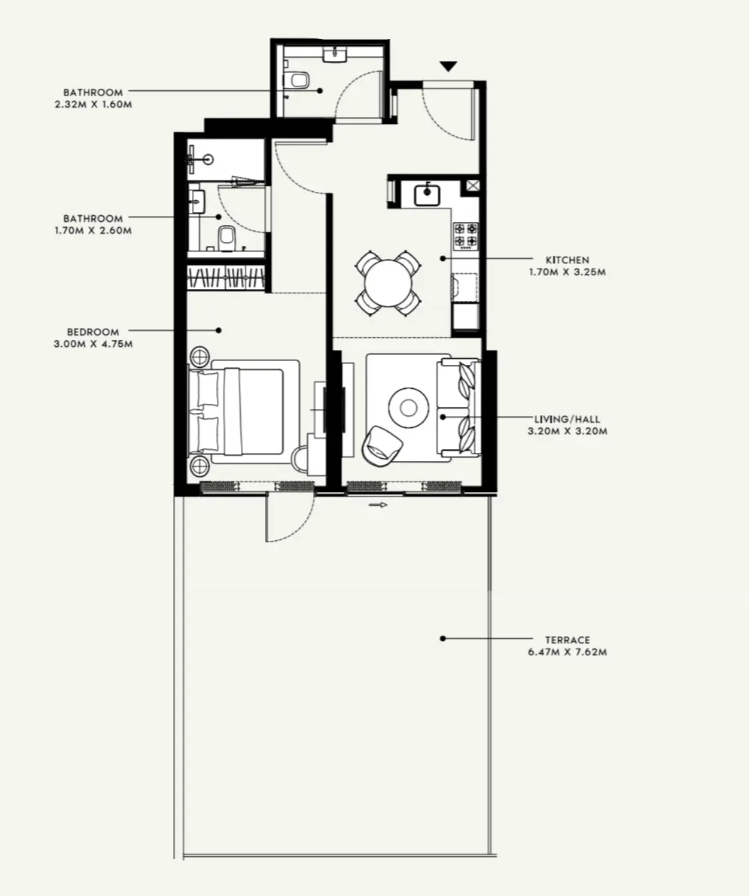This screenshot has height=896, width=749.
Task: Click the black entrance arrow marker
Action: pos(449,66)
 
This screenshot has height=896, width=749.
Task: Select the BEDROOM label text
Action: pos(93,332)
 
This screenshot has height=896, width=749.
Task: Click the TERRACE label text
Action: pos(568,640)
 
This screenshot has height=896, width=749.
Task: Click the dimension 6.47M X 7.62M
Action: pos(568,653)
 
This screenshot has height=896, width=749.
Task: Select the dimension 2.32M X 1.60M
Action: pos(93,105)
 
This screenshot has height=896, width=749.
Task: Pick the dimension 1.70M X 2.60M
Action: pos(93,231)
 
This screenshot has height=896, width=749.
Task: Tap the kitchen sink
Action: pos(427,193)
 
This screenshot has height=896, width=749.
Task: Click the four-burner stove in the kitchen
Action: pos(465,235)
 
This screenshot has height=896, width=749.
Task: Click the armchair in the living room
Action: pos(382,444)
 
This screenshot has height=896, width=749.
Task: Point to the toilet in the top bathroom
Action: pos(299,80)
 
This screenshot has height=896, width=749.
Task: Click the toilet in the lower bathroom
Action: pos(226,238)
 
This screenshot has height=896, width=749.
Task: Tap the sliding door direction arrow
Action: pos(379,505)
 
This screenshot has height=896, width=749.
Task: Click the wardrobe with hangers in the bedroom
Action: pos(226,278)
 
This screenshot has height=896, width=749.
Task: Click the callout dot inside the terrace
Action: pos(443,639)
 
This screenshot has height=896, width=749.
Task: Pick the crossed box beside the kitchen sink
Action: pos(472,186)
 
